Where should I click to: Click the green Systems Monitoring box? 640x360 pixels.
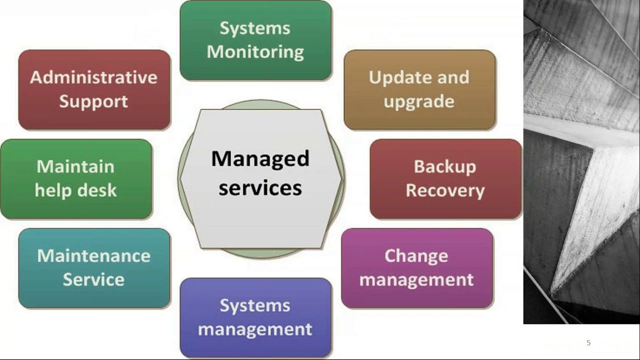255,40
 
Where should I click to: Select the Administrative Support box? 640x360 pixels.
94,89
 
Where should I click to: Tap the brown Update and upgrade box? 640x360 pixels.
419,89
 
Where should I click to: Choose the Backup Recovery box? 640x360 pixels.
445,179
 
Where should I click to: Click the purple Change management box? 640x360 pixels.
417,268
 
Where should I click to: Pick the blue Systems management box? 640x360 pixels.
255,317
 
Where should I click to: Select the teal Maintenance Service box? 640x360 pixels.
94,268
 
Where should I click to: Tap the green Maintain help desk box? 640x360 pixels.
76,179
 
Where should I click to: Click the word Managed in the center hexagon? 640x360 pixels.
260,159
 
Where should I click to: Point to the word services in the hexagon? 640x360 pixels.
260,188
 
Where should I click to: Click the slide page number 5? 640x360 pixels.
588,342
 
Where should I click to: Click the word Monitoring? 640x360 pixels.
255,52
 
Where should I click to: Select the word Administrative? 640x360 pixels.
93,77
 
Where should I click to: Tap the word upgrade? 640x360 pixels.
419,102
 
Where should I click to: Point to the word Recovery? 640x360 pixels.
445,191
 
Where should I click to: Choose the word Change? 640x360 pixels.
416,256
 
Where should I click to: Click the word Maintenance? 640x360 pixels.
93,255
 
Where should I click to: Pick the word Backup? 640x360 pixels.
445,167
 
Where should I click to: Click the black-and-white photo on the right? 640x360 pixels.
581,161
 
